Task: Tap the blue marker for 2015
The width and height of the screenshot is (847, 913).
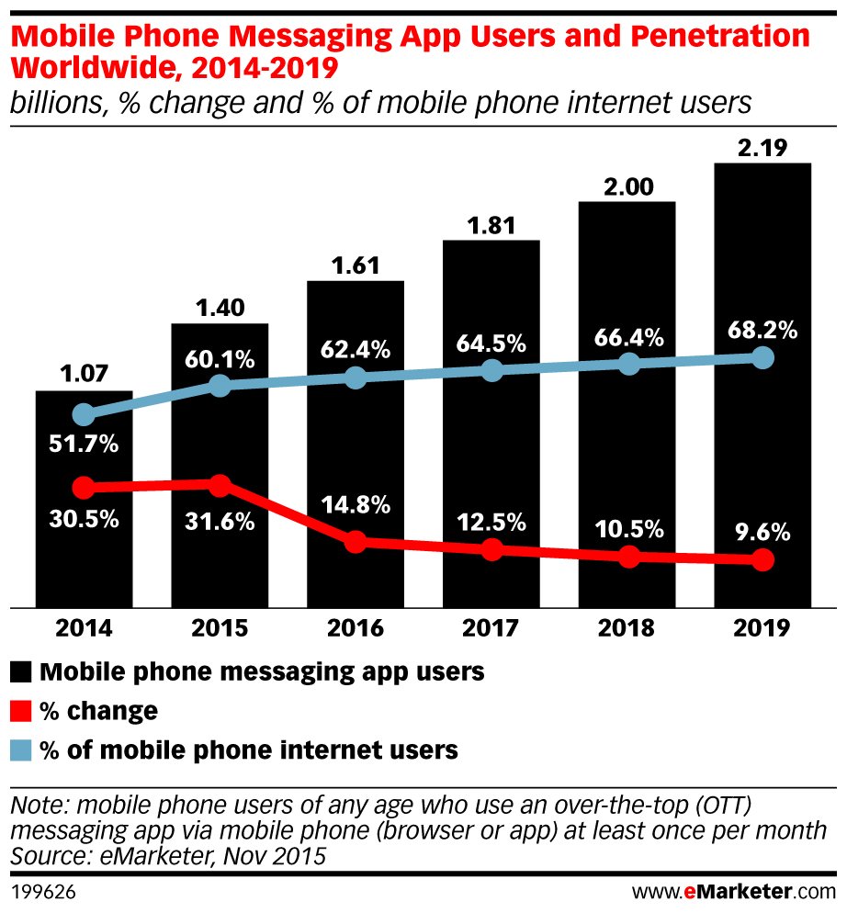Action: [x=220, y=386]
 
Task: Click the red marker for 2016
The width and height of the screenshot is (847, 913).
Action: [x=356, y=542]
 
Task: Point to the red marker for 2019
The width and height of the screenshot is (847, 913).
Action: [x=762, y=559]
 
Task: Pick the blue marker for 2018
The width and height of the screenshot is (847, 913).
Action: [x=628, y=364]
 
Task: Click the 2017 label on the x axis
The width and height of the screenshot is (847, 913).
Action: [x=491, y=629]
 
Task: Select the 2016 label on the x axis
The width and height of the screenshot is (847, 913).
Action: [x=356, y=629]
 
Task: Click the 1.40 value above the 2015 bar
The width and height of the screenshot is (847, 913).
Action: [x=220, y=307]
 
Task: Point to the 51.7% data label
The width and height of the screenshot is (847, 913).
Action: [x=84, y=445]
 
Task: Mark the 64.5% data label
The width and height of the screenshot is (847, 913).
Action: [x=491, y=344]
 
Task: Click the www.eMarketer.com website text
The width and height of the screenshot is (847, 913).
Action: [x=734, y=891]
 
